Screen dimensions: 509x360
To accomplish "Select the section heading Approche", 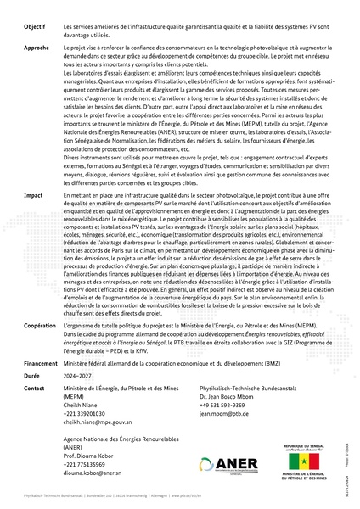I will [x=36, y=48].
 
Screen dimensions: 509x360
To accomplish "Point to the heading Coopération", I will [x=40, y=325].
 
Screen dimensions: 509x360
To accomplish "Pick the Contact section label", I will [x=34, y=387].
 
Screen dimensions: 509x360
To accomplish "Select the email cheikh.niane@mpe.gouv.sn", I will [x=98, y=421].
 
